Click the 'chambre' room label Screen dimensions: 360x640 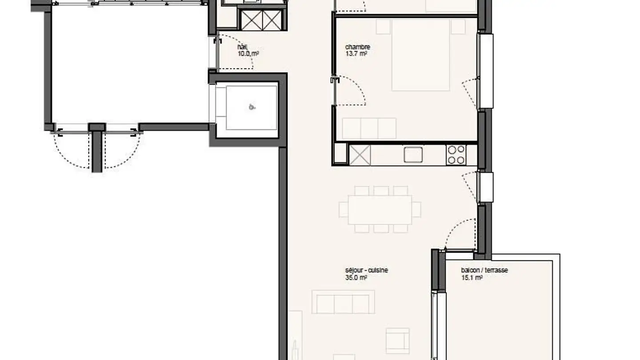[358, 47]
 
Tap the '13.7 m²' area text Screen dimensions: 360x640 [356, 54]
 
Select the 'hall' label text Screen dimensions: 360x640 [243, 47]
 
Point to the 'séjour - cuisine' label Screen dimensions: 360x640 [366, 270]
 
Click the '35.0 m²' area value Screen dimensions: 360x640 [356, 277]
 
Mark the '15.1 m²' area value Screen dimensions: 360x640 [472, 278]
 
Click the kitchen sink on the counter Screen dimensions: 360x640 [413, 155]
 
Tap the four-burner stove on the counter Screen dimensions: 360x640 [456, 155]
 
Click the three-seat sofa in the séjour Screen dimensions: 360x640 [343, 302]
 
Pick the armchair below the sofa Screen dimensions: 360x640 [397, 341]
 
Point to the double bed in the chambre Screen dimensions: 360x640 [420, 54]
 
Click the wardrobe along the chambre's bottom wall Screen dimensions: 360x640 [369, 128]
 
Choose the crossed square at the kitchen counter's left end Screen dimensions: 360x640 [360, 155]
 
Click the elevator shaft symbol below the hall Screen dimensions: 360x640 [252, 107]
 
